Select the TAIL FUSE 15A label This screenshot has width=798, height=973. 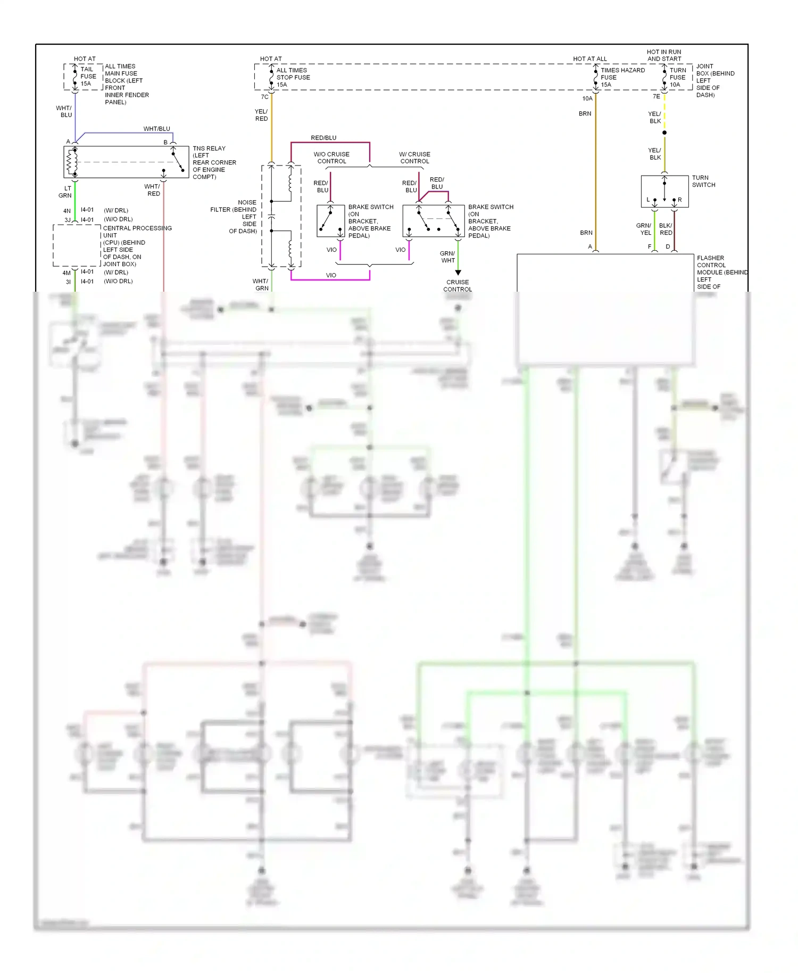coord(88,76)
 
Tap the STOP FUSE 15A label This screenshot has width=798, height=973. coord(293,77)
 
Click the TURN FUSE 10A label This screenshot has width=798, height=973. coord(677,77)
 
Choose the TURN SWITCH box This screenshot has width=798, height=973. coord(664,191)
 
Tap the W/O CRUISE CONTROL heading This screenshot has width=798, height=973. coord(331,158)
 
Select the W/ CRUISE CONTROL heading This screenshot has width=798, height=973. coord(414,158)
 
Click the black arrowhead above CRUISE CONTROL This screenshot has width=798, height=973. coord(458,273)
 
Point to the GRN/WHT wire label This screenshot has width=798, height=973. coord(447,257)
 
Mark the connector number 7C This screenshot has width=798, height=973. coord(264,97)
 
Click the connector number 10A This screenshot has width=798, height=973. coord(587,98)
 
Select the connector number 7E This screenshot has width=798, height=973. coord(656,96)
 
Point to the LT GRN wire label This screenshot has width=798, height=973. coord(65,192)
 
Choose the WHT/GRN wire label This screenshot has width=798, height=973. coord(261,285)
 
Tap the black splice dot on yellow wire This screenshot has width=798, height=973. coord(664,133)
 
